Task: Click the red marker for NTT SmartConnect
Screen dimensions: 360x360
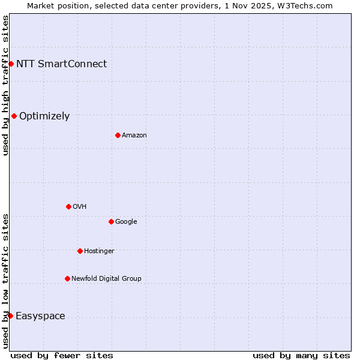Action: pos(11,64)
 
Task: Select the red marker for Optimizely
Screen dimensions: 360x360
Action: pos(14,116)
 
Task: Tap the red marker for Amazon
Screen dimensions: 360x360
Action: pos(118,135)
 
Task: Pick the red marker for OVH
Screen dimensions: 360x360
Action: pos(68,206)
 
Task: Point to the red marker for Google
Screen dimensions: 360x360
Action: pos(111,221)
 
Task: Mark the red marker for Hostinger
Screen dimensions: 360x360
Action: pos(80,251)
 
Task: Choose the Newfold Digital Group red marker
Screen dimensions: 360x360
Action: pos(67,278)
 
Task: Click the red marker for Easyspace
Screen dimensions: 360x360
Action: pos(10,316)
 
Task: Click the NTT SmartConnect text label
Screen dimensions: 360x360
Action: pos(61,64)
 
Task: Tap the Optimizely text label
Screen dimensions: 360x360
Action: pos(44,116)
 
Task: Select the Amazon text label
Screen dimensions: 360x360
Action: pos(134,135)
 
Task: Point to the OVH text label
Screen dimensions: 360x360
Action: pos(80,206)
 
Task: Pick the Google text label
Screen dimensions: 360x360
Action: pos(126,221)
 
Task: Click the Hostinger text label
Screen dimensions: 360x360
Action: pos(99,251)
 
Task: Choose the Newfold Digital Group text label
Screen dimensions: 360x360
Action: pos(106,278)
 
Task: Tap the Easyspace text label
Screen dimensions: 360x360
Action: pos(40,316)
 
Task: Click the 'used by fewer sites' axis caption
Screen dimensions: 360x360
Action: pos(62,355)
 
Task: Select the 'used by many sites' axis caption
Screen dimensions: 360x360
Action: pos(301,355)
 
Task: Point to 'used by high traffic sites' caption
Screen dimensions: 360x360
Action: pos(5,85)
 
